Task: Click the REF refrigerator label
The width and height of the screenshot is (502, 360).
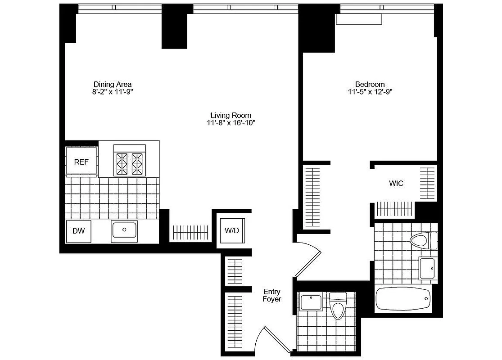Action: click(81, 162)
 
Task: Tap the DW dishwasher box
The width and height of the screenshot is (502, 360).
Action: click(79, 231)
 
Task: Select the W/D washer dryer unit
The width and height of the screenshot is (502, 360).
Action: click(232, 231)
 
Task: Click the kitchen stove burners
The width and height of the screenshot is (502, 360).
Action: click(129, 164)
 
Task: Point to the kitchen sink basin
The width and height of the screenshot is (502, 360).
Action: click(125, 230)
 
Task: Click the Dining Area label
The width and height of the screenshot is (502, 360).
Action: click(113, 84)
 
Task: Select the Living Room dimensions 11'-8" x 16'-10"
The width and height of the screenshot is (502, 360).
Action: click(231, 123)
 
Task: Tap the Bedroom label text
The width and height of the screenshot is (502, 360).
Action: click(370, 84)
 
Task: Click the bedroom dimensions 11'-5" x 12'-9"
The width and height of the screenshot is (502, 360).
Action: click(370, 92)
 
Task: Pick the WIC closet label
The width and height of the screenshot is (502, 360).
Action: click(396, 184)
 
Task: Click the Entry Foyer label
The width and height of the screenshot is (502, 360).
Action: click(272, 296)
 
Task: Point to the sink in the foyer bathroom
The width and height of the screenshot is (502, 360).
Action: click(311, 302)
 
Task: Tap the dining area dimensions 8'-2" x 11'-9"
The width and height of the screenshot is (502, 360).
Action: click(113, 92)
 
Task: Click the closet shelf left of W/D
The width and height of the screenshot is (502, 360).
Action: click(191, 232)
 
